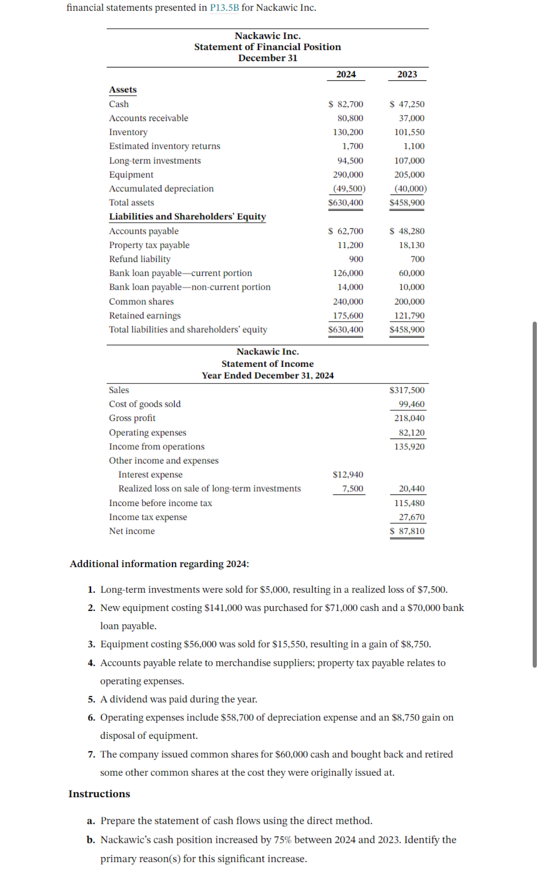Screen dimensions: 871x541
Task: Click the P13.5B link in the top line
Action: tap(224, 7)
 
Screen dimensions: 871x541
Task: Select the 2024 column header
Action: tap(346, 74)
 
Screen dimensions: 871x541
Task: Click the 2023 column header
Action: tap(407, 74)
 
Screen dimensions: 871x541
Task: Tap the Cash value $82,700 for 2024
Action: tap(346, 104)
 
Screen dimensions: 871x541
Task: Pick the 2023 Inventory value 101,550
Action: tap(409, 132)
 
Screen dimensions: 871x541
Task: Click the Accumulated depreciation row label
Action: tap(161, 189)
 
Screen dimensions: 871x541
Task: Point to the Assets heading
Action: tap(123, 90)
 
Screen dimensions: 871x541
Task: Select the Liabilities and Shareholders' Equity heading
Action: tap(187, 217)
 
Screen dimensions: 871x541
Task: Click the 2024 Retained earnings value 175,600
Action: tap(348, 316)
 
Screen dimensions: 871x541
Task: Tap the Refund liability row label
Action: tap(140, 259)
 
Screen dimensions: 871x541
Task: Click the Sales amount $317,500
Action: tap(407, 390)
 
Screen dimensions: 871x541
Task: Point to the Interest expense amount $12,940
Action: tap(348, 475)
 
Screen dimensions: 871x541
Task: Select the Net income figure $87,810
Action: tap(407, 531)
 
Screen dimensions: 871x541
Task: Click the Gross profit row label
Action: tap(132, 418)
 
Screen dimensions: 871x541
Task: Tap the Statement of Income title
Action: tap(267, 364)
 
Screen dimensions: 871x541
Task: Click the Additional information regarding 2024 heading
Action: tap(159, 564)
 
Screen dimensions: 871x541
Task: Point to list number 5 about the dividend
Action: tap(92, 700)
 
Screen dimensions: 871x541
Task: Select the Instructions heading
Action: tap(99, 794)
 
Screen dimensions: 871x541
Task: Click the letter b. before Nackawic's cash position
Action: tap(91, 840)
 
